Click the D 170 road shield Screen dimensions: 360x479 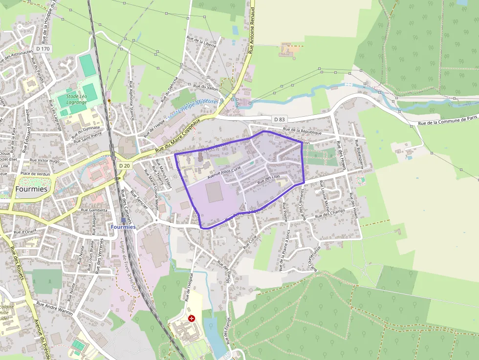click(x=43, y=49)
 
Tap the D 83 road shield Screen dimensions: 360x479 click(x=279, y=119)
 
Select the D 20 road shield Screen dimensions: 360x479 click(x=124, y=166)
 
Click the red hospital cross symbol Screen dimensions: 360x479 click(x=191, y=318)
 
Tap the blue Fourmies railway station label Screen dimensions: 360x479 click(x=123, y=227)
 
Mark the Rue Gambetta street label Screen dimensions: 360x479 click(x=94, y=210)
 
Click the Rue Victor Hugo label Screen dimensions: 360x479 click(x=44, y=160)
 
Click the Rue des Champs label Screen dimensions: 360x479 click(x=330, y=213)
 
